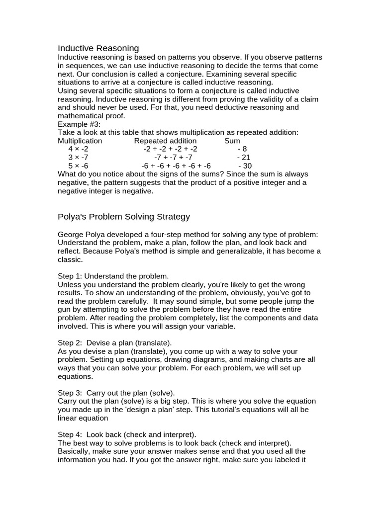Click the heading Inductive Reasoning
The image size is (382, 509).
coord(98,48)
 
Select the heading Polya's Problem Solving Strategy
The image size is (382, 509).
coord(124,217)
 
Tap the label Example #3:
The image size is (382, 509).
coord(79,124)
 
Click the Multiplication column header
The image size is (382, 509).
coord(80,141)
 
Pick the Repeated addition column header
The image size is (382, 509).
coord(165,141)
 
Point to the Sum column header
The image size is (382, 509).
coord(232,141)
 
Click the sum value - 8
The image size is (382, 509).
coord(242,149)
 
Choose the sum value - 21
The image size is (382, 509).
coord(244,158)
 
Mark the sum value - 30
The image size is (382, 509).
coord(245,166)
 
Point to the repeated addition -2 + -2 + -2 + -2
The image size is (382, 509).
coord(170,149)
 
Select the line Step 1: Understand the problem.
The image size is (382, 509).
coord(113,276)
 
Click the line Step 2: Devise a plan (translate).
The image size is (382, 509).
coord(115,343)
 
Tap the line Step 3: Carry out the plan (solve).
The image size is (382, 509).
coord(116,393)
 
